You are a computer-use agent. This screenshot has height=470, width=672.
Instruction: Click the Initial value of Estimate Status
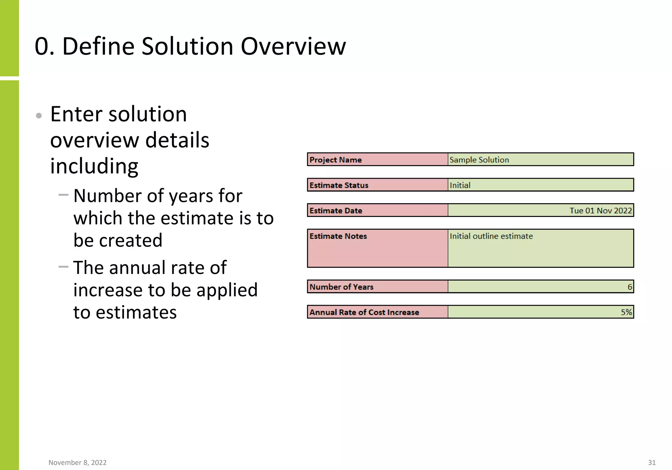tap(460, 185)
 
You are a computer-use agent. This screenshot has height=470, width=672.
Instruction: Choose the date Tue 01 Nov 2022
tap(600, 211)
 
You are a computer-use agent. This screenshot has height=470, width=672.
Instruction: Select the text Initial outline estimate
tap(491, 236)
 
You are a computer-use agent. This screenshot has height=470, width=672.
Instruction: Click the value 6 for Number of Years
tap(630, 287)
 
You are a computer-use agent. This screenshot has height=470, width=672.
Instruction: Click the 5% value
tap(626, 312)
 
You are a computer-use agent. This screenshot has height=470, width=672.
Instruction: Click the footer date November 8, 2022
tap(77, 462)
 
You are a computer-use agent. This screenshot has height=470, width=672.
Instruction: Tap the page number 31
tap(652, 462)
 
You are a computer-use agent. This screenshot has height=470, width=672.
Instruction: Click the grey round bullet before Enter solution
tap(39, 115)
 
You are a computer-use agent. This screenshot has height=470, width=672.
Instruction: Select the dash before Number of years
tap(63, 195)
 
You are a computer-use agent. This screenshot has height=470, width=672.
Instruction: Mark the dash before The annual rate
tap(63, 267)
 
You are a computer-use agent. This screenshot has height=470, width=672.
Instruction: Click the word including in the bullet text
tap(94, 166)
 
